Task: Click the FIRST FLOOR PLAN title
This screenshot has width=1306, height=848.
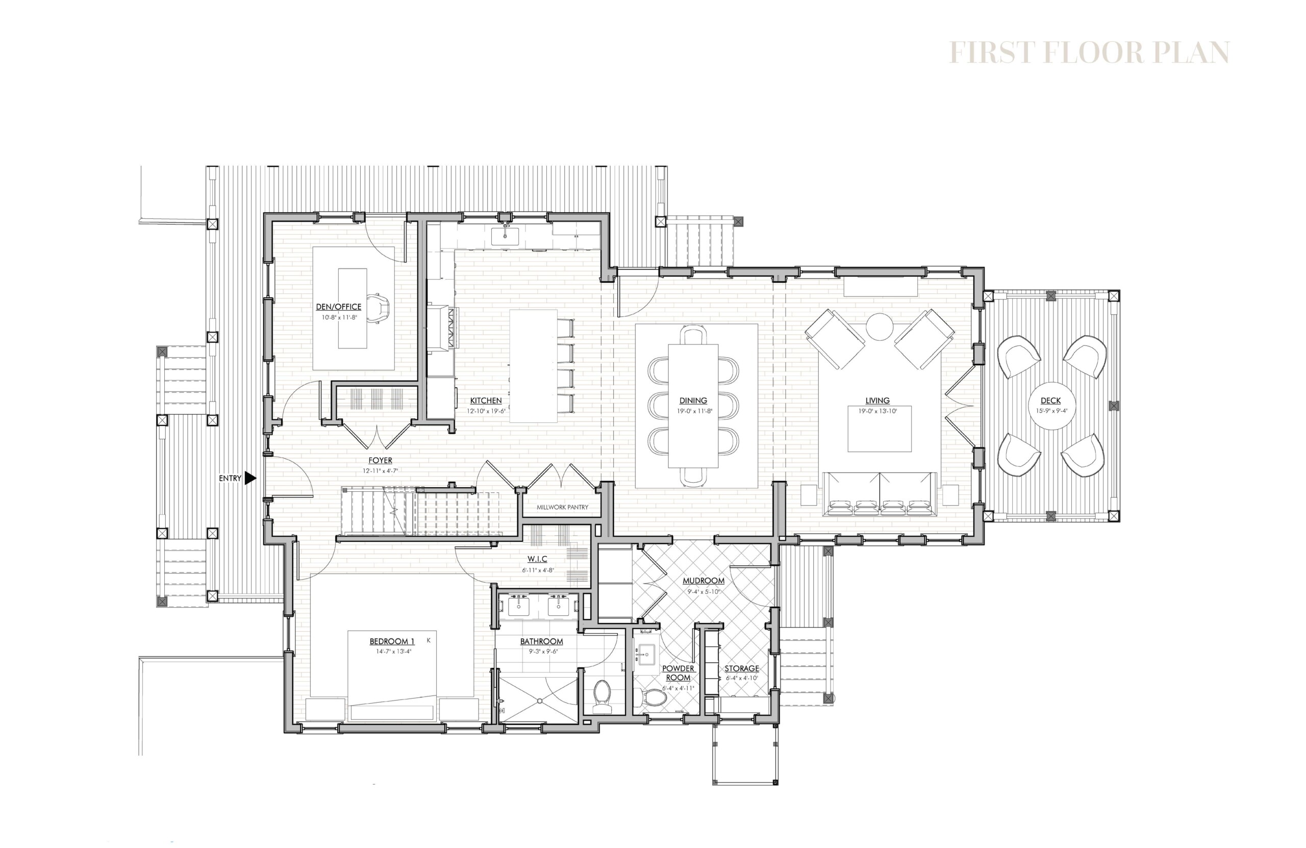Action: point(1089,53)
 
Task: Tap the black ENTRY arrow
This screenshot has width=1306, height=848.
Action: point(250,478)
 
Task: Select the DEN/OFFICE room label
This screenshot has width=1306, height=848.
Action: point(339,307)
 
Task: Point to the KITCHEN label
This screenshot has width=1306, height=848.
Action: point(485,401)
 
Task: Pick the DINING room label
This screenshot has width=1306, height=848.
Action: point(693,401)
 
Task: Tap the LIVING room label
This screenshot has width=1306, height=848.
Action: point(877,401)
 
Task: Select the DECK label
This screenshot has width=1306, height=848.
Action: point(1050,401)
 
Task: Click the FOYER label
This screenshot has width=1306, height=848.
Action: point(380,461)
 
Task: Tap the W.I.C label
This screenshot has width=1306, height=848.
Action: point(537,559)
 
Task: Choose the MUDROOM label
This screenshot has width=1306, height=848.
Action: point(704,580)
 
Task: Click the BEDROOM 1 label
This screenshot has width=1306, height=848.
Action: point(392,641)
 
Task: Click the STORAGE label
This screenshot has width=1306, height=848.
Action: point(742,668)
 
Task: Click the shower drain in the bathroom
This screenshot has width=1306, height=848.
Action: point(539,701)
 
